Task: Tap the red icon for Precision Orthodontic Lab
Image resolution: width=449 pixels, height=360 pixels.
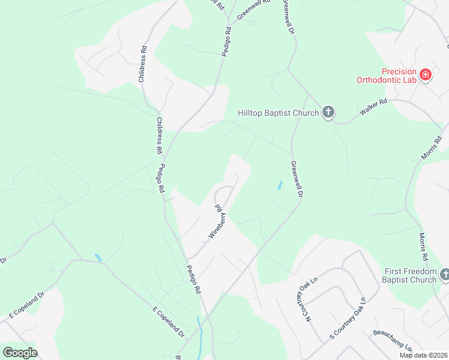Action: click(x=426, y=75)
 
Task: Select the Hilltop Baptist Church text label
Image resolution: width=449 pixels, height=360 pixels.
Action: click(x=276, y=113)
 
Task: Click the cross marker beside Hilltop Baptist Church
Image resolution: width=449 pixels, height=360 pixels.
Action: click(x=328, y=112)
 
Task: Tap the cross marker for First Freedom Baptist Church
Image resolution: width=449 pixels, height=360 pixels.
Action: click(x=445, y=275)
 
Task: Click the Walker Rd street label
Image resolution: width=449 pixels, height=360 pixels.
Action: click(x=373, y=109)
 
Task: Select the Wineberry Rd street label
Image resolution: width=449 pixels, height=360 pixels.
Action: click(x=216, y=222)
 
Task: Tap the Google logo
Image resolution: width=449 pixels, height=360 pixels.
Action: click(x=20, y=353)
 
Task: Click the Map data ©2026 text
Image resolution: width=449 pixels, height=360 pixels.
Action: click(x=423, y=355)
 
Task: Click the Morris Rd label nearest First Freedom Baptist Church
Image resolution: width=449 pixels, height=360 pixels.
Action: click(x=424, y=247)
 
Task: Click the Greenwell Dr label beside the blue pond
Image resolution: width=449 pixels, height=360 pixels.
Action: click(x=296, y=179)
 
